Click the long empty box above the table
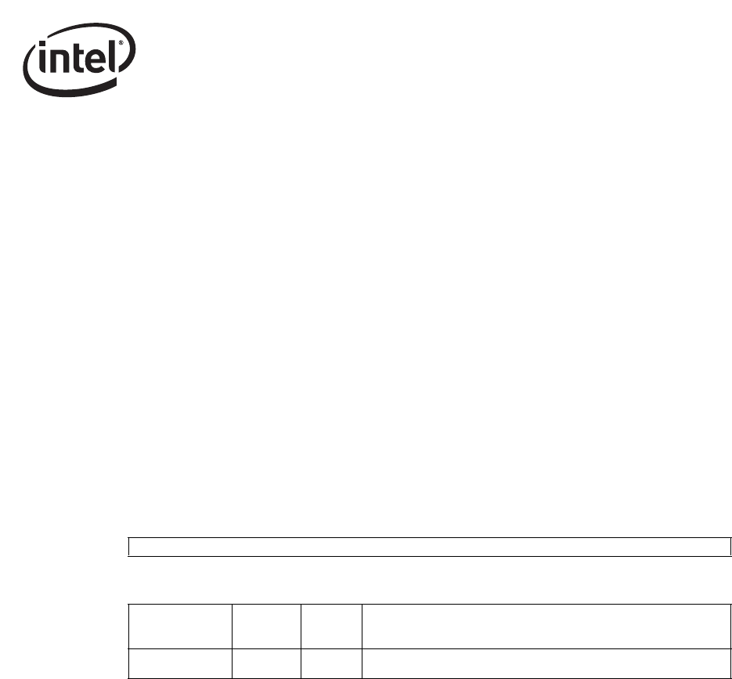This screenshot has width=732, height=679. (429, 547)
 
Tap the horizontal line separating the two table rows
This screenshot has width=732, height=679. (429, 649)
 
